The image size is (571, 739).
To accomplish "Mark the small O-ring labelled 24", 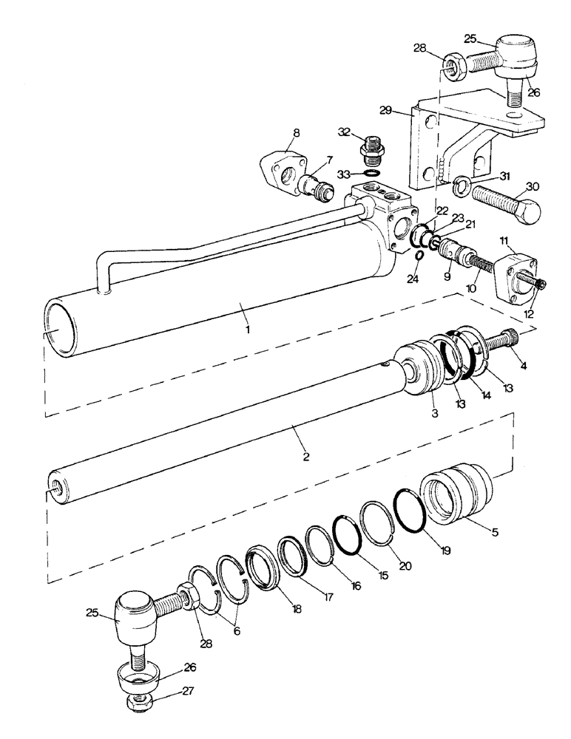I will tap(419, 256).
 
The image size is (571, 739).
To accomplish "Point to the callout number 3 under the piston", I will tap(435, 415).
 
